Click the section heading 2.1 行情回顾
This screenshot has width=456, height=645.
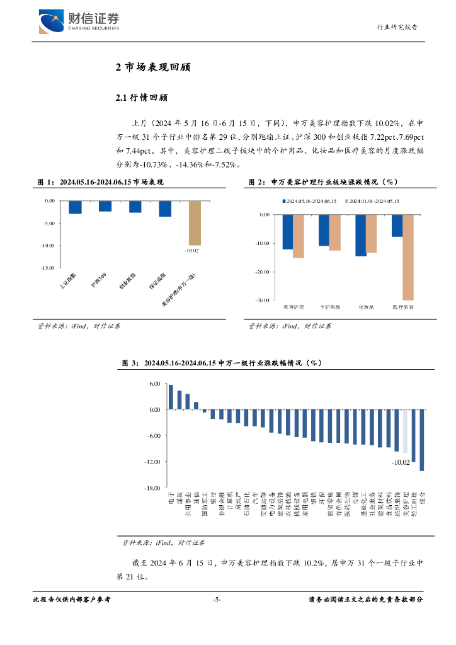coord(142,98)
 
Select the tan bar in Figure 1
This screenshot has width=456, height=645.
coord(195,222)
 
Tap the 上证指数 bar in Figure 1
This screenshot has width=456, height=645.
coord(76,207)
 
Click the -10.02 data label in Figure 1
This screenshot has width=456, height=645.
coord(191,251)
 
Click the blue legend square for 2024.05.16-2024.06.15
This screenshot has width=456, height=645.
coord(284,201)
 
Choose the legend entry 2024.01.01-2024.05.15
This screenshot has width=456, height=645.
coord(375,201)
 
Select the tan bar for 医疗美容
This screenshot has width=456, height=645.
coord(408,257)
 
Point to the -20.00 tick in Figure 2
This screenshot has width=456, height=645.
coord(260,272)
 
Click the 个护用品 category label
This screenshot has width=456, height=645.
coord(329,307)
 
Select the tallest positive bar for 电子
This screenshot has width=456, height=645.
coord(171,397)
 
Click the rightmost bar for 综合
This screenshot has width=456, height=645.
coord(421,440)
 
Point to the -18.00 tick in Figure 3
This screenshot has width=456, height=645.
coord(154,488)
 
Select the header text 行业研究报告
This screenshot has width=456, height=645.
coord(397,27)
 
